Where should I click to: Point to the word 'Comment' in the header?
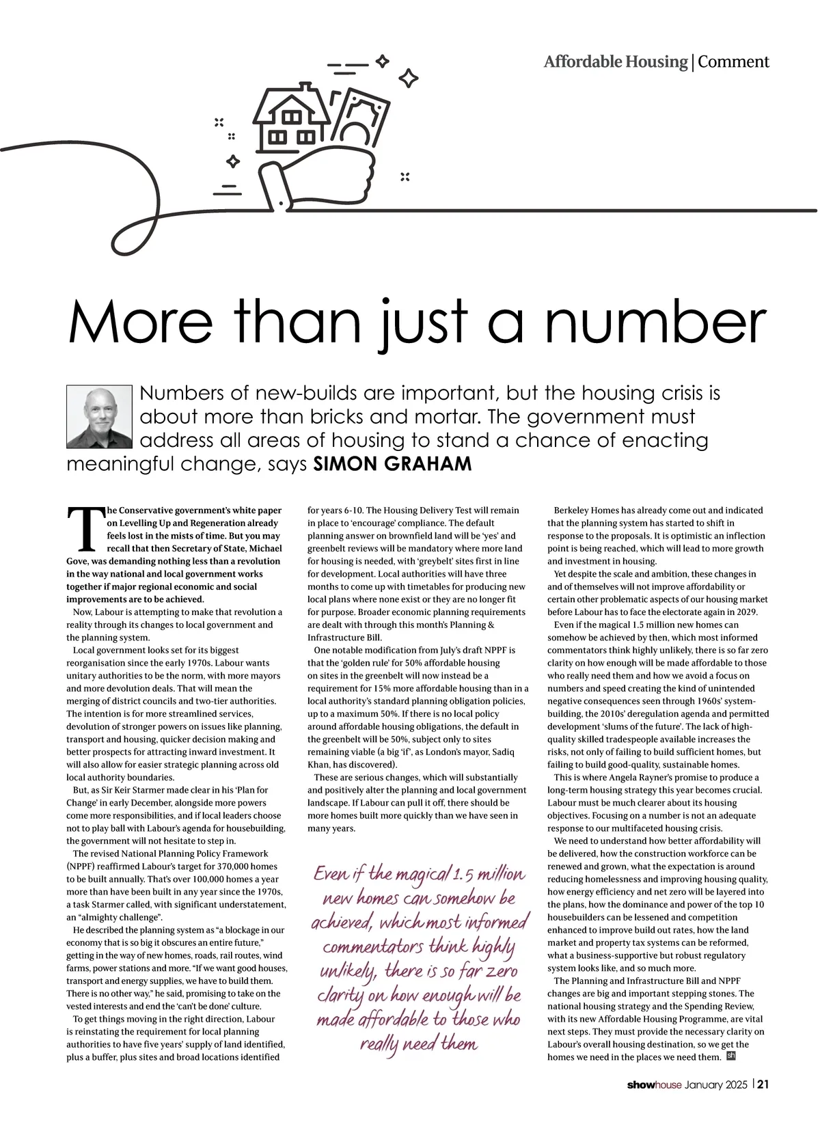[733, 62]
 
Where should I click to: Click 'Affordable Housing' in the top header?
[615, 62]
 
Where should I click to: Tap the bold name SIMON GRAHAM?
[392, 464]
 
